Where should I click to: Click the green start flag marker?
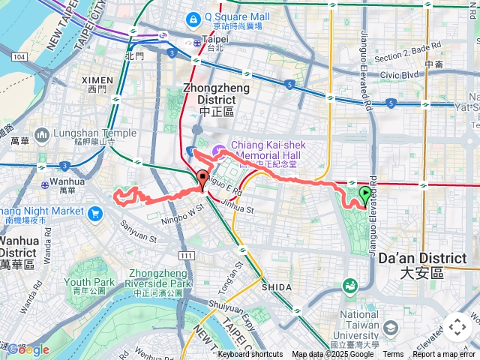coord(364,195)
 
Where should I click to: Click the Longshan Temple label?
coord(94,133)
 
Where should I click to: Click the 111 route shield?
coord(187,256)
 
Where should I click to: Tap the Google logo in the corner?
coord(28,349)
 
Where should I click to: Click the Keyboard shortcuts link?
coord(250,355)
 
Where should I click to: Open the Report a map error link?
coord(445,355)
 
